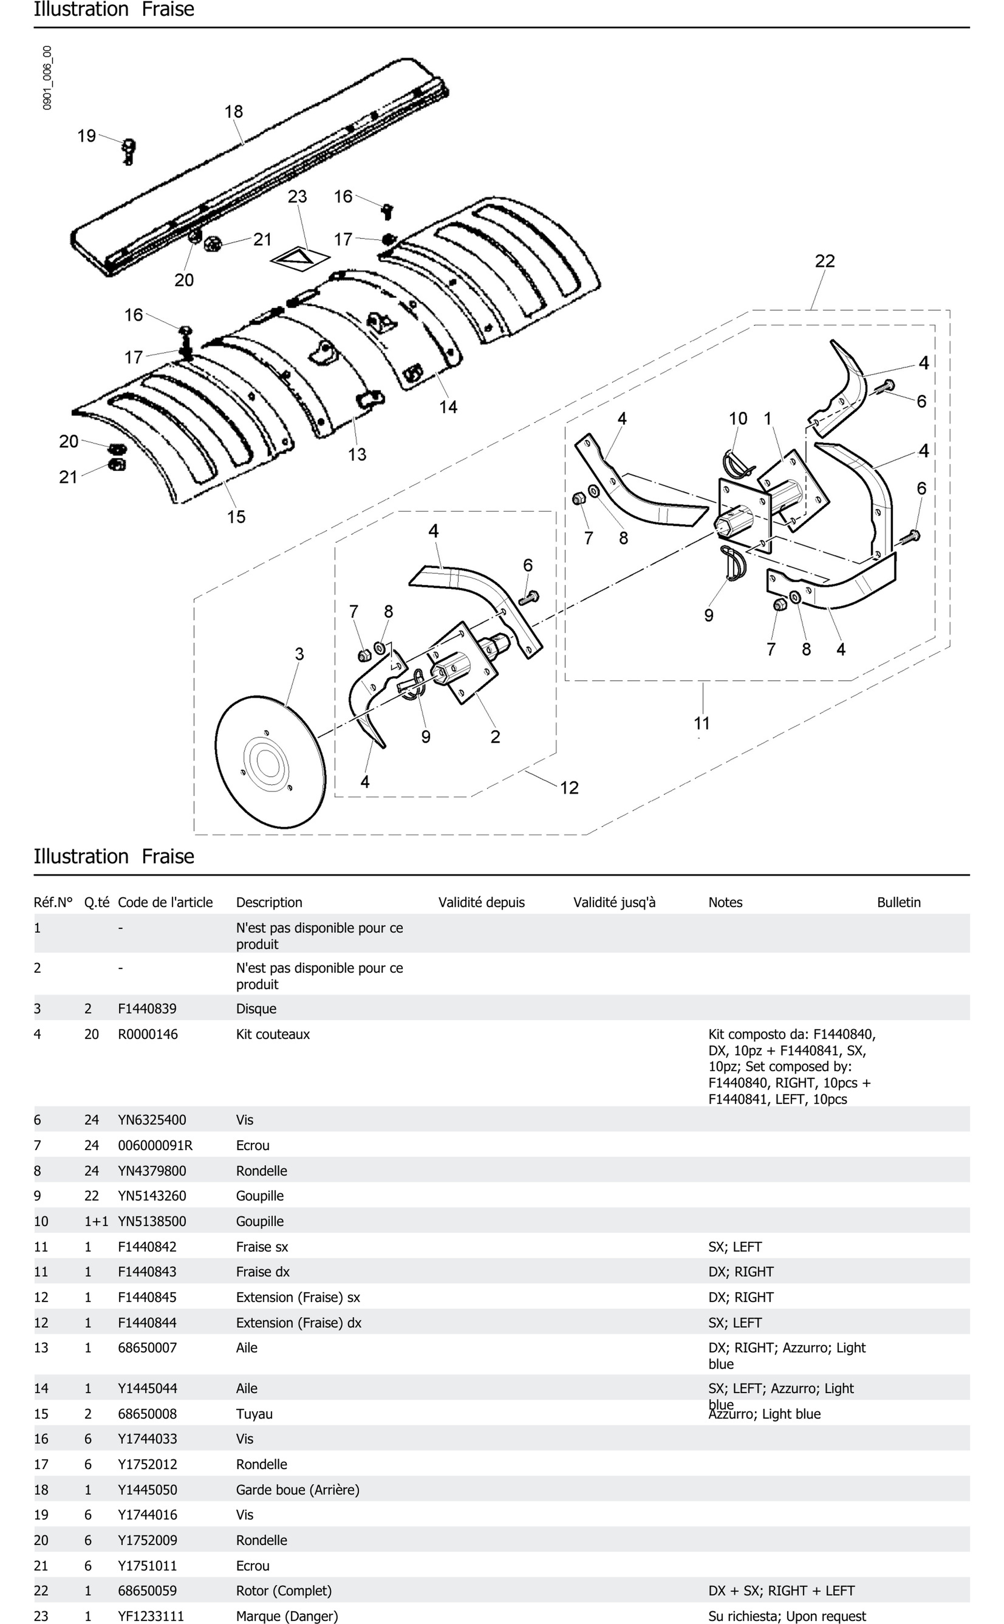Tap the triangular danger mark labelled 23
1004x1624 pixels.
pyautogui.click(x=299, y=259)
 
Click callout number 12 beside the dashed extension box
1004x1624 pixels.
pyautogui.click(x=569, y=788)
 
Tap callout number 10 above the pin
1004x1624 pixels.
pyautogui.click(x=738, y=418)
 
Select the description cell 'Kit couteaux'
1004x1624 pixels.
pyautogui.click(x=273, y=1034)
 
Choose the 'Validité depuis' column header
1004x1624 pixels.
pyautogui.click(x=481, y=902)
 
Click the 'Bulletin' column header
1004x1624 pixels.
pyautogui.click(x=898, y=902)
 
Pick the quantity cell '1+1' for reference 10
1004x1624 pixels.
pyautogui.click(x=96, y=1221)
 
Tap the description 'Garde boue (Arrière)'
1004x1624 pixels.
pyautogui.click(x=298, y=1490)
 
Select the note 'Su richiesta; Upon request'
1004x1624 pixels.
pyautogui.click(x=787, y=1616)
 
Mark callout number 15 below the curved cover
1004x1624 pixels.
pyautogui.click(x=236, y=517)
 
